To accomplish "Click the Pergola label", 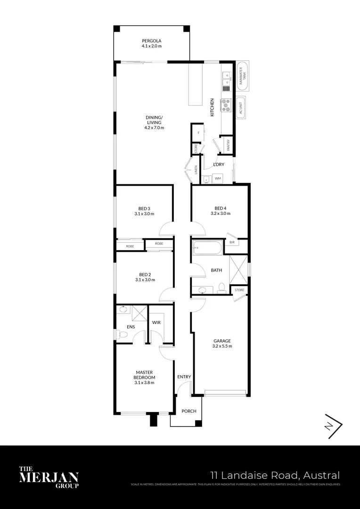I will [152, 41].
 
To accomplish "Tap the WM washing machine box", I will [218, 179].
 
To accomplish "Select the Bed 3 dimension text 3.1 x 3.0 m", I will [144, 213].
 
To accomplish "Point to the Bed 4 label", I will [220, 208].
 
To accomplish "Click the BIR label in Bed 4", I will [232, 242].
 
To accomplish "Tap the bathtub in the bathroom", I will [208, 248].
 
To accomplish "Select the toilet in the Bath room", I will [221, 287].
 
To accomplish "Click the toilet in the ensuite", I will [122, 334].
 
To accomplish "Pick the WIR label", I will [157, 323].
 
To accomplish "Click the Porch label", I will [189, 411].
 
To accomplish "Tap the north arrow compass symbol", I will [333, 426].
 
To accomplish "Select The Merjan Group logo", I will [49, 477].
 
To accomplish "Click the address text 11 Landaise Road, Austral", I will [275, 475].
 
